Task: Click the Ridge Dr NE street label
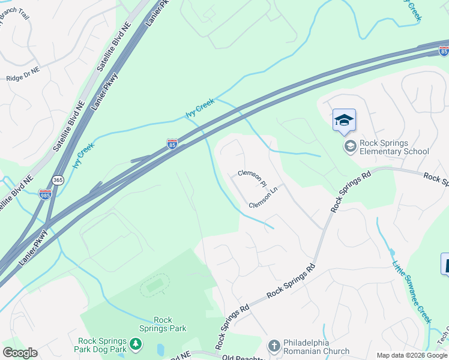pyautogui.click(x=22, y=78)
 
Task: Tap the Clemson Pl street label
pyautogui.click(x=251, y=176)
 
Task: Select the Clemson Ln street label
pyautogui.click(x=264, y=198)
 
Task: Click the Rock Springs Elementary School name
pyautogui.click(x=394, y=147)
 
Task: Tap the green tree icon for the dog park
pyautogui.click(x=136, y=344)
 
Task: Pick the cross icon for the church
pyautogui.click(x=274, y=346)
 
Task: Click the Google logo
pyautogui.click(x=20, y=353)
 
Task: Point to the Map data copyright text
pyautogui.click(x=412, y=355)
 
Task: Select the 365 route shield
pyautogui.click(x=58, y=180)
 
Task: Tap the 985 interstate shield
pyautogui.click(x=45, y=194)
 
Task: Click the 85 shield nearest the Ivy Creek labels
pyautogui.click(x=172, y=144)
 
